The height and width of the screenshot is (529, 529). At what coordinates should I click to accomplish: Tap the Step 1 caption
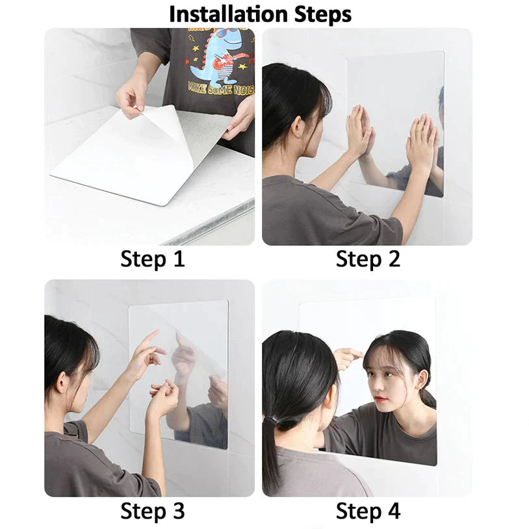click(152, 259)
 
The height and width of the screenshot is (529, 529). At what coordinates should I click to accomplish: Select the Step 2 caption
click(368, 259)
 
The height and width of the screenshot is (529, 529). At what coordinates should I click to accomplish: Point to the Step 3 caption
click(152, 511)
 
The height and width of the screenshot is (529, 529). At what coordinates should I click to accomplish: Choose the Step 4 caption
click(368, 511)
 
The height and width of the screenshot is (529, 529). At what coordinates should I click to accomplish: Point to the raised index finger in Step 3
click(151, 337)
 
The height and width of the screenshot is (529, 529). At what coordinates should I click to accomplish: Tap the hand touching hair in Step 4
click(348, 355)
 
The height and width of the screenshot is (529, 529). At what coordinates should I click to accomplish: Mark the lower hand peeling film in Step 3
click(162, 398)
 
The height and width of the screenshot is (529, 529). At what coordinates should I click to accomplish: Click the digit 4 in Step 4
click(394, 511)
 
